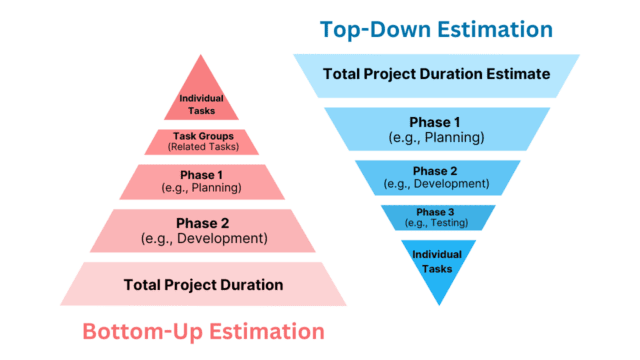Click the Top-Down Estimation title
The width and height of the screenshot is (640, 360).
(x=436, y=29)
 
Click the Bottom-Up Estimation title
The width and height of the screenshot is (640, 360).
(x=203, y=331)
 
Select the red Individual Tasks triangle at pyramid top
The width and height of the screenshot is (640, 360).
(x=202, y=100)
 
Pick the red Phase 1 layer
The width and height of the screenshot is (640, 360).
(x=202, y=182)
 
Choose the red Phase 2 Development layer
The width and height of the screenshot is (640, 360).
(x=202, y=231)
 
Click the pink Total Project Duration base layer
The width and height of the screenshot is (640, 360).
(x=202, y=284)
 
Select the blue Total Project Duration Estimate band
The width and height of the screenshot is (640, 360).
(x=436, y=75)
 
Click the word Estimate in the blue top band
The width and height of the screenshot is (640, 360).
(x=516, y=75)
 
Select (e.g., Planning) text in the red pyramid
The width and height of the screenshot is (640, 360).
(x=202, y=188)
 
